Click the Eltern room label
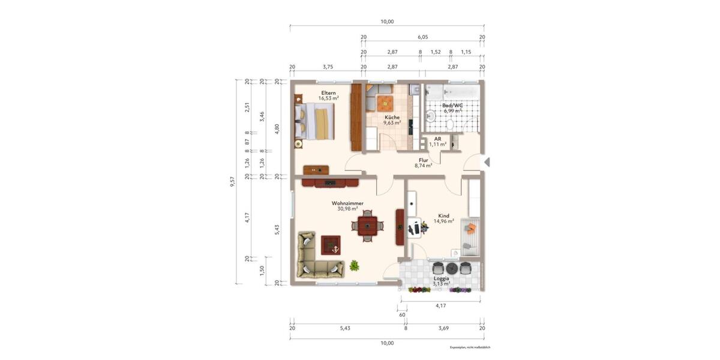click(328, 93)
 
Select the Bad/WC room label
click(453, 106)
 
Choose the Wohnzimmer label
click(347, 203)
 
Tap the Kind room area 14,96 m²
click(444, 221)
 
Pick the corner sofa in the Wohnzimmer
click(315, 258)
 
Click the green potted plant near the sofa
click(355, 265)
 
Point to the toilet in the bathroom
click(449, 124)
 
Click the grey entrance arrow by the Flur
click(487, 162)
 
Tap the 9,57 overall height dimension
click(233, 181)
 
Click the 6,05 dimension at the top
click(422, 37)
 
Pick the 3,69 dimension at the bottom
click(443, 328)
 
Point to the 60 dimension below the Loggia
click(403, 314)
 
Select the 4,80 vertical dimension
click(277, 128)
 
